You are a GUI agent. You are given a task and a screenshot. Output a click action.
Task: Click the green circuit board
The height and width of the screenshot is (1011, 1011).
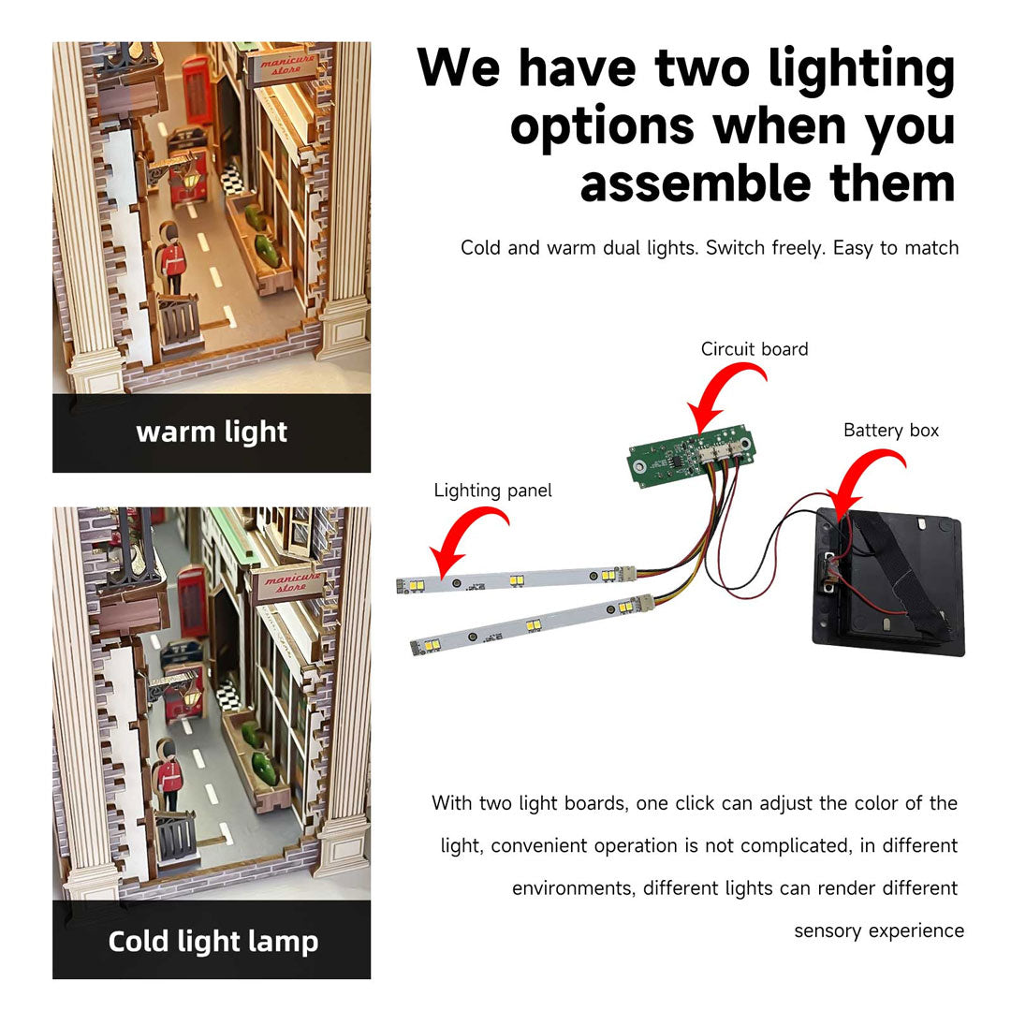coord(691,455)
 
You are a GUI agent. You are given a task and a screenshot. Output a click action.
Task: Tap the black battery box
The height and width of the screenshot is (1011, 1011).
coord(888,581)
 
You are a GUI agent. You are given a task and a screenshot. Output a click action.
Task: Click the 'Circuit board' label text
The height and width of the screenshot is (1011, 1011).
coord(755,349)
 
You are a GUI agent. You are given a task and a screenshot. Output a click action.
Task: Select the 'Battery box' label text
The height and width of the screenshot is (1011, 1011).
coord(891,430)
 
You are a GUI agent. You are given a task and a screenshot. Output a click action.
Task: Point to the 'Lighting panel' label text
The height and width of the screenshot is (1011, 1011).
coord(492,491)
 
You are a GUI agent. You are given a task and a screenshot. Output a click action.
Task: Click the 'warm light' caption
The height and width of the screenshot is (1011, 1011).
coord(212,432)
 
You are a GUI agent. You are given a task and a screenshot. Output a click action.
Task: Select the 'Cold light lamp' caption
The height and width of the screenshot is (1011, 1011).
coord(212,942)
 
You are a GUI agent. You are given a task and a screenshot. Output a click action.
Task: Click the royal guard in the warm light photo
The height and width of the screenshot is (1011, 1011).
coord(171,257)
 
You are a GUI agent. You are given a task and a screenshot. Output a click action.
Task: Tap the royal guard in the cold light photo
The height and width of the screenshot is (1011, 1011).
coord(169,774)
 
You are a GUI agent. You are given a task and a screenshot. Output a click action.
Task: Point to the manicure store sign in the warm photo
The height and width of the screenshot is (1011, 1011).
coord(284,66)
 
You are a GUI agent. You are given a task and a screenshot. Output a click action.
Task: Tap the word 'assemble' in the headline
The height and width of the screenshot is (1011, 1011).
coord(695,183)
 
